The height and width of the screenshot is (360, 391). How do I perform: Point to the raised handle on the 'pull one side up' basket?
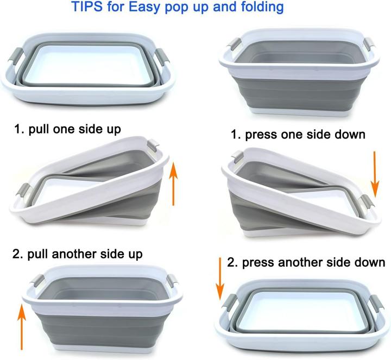[154, 146]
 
